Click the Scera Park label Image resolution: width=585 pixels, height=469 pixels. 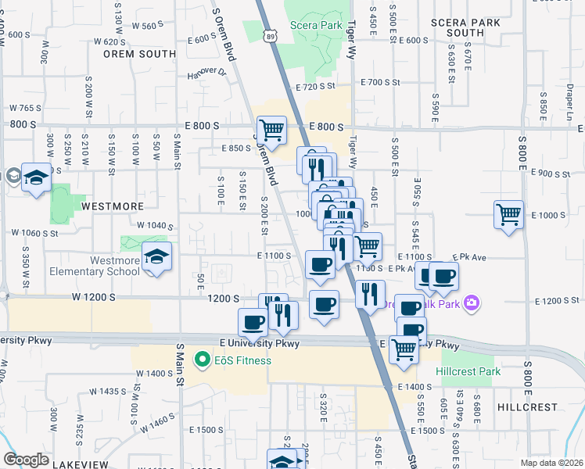pos(316,26)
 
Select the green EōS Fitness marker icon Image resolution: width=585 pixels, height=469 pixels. pos(203,360)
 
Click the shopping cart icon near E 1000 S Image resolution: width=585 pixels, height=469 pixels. pos(508,213)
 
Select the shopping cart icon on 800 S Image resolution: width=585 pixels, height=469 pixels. pos(271,131)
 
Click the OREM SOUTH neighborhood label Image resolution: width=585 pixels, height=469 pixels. pos(139,55)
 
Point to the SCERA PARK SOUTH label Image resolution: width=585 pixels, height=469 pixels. pos(476,27)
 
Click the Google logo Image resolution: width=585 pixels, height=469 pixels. pos(27,460)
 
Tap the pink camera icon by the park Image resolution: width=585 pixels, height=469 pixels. pos(471,303)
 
